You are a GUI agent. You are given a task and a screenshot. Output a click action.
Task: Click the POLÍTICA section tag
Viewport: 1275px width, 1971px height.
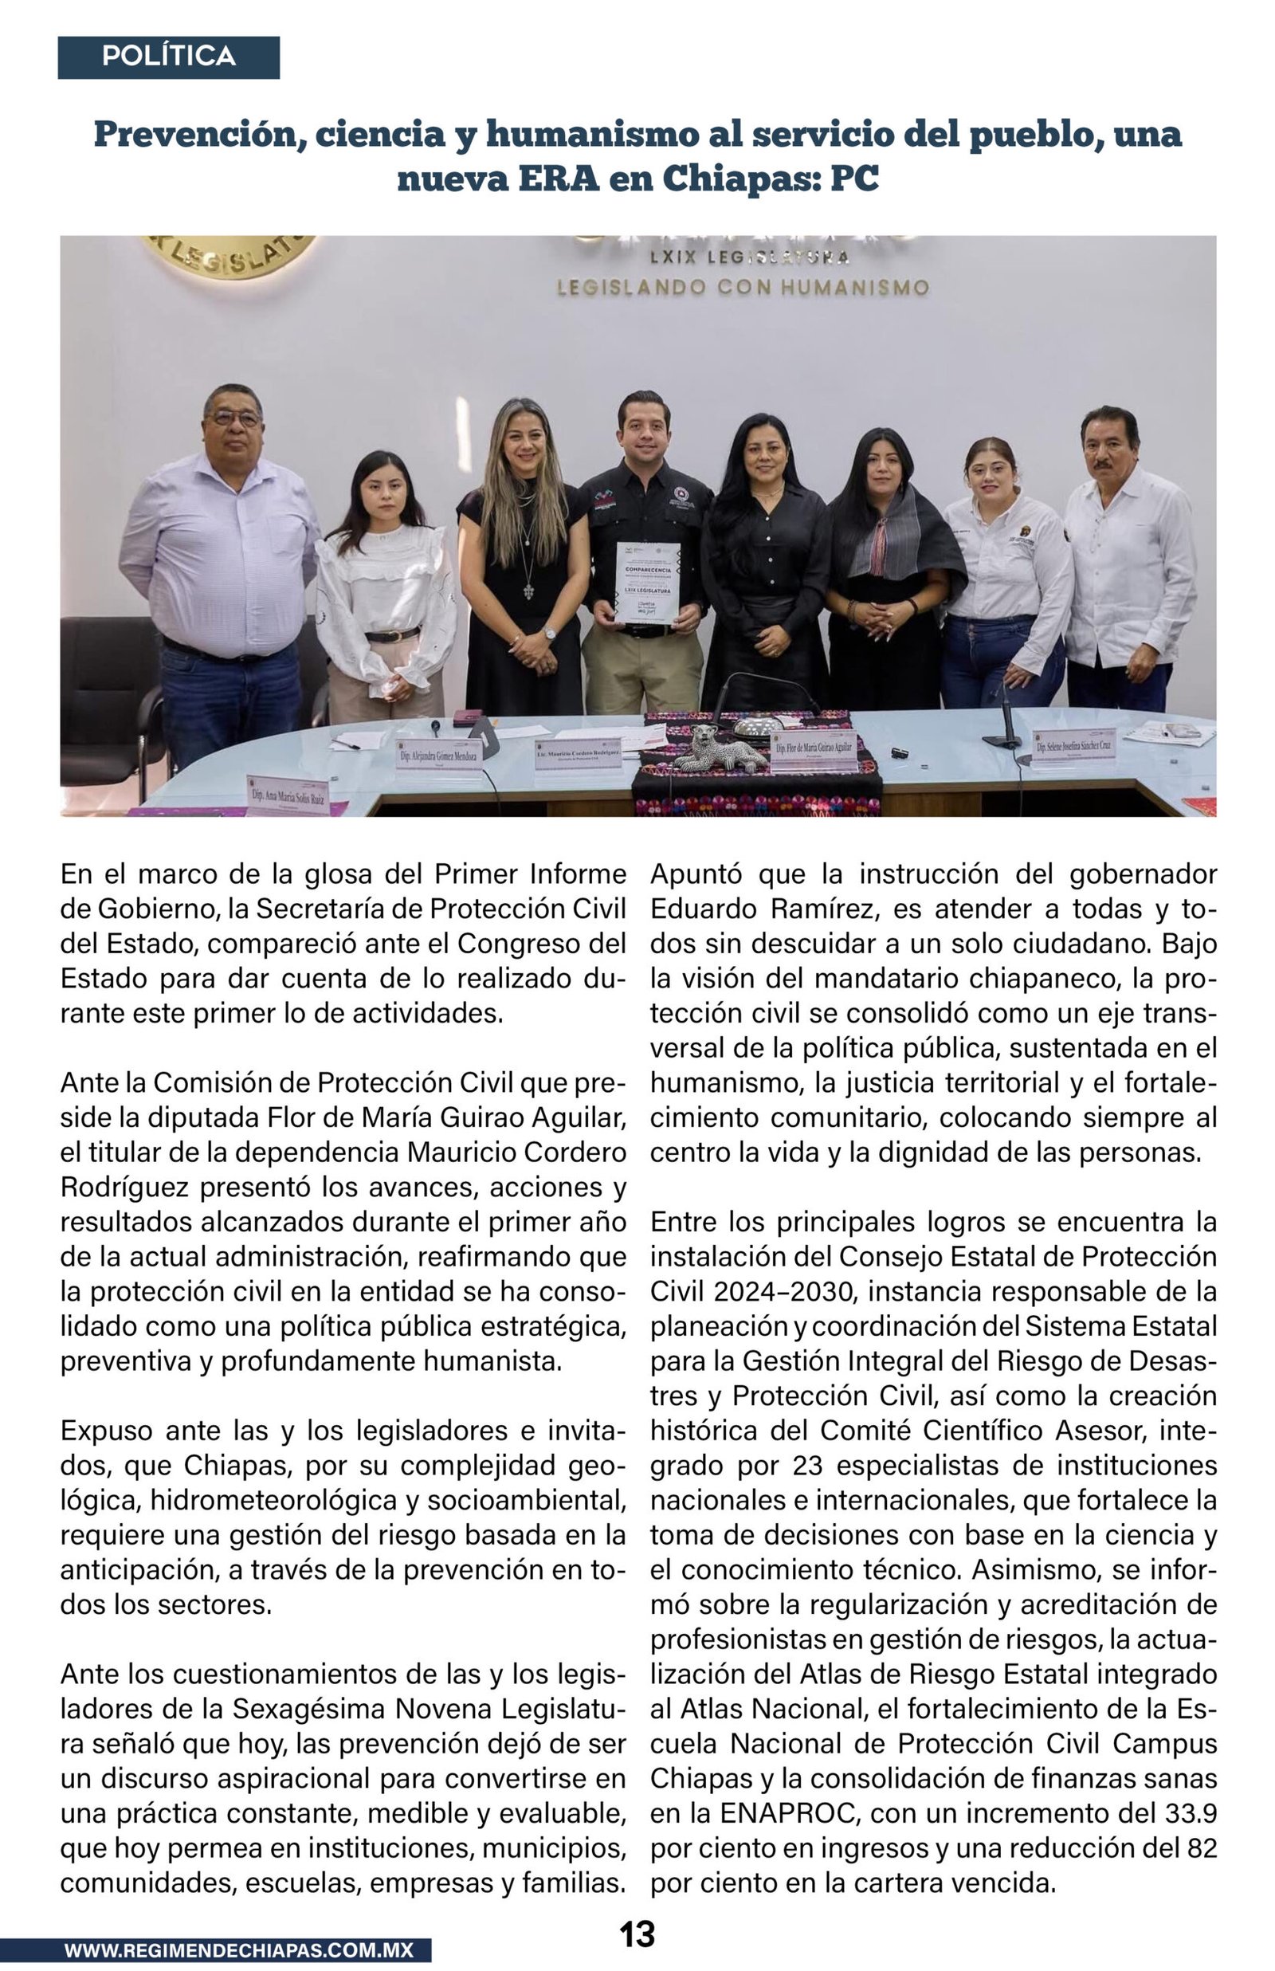tap(168, 57)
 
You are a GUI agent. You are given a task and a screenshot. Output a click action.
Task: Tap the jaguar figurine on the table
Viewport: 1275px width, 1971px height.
tap(719, 748)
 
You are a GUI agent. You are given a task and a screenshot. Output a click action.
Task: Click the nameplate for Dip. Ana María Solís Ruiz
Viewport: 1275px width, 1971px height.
tap(288, 796)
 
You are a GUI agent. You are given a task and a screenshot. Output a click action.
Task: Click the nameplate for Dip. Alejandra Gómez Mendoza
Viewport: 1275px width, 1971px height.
tap(439, 756)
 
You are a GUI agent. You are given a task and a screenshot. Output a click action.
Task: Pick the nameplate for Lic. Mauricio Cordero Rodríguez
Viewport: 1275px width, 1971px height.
tap(578, 752)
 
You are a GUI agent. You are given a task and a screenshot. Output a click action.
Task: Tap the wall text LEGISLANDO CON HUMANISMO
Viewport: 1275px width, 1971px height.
tap(743, 287)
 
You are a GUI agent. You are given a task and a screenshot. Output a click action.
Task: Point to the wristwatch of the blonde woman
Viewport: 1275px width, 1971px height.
tap(550, 634)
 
